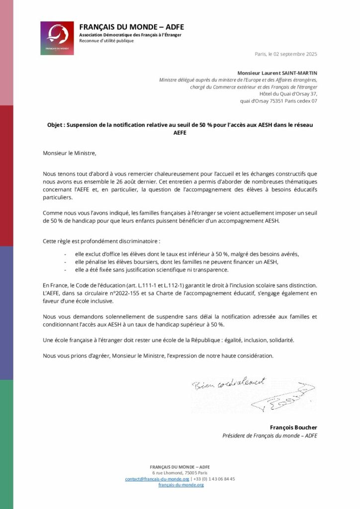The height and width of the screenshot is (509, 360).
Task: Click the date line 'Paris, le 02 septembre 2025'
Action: (x=285, y=54)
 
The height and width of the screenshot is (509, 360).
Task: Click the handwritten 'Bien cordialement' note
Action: (x=228, y=384)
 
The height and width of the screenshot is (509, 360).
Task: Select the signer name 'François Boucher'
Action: (x=293, y=427)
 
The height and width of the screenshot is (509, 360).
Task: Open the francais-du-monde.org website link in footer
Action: (x=181, y=485)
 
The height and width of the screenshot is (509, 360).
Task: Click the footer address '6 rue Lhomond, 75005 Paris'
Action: (x=180, y=473)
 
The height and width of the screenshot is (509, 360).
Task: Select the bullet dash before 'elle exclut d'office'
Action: (x=66, y=254)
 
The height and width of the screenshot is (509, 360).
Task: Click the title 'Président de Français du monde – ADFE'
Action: (x=270, y=436)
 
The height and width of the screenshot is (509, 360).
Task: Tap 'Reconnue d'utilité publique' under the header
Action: (x=106, y=41)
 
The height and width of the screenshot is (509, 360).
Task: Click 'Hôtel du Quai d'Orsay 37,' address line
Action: (x=288, y=93)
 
